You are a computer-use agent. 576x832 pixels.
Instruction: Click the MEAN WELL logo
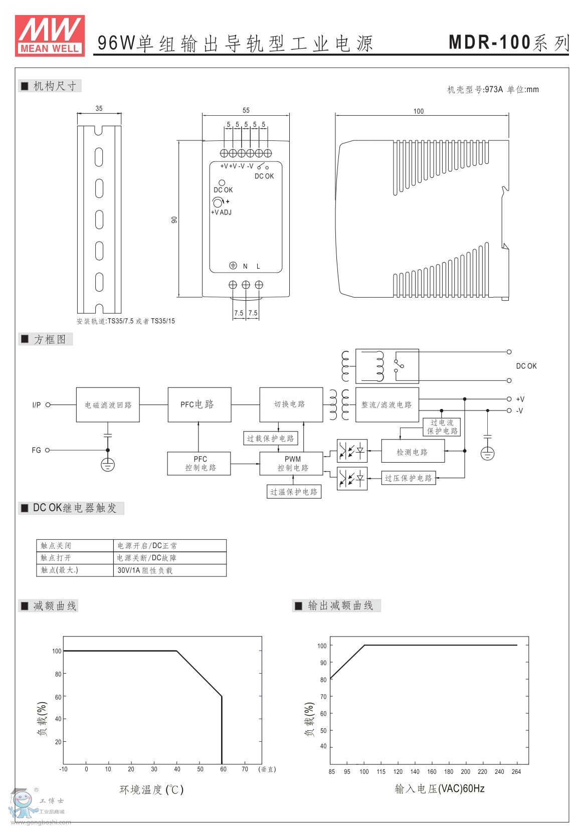[50, 35]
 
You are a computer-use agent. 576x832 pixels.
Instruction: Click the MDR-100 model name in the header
[489, 43]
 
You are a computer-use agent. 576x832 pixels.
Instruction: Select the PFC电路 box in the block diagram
[199, 404]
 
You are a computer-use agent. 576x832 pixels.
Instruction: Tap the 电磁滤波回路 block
[108, 404]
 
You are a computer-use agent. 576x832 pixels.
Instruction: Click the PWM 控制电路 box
[292, 464]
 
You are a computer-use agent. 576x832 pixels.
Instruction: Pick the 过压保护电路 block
[408, 478]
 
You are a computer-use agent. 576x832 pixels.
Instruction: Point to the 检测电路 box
[412, 452]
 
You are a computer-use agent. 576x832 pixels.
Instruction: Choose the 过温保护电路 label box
[294, 492]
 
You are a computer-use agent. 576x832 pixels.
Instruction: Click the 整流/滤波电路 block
[387, 404]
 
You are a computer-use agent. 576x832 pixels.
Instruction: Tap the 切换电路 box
[291, 404]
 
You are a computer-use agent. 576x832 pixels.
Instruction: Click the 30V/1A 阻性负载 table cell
[170, 570]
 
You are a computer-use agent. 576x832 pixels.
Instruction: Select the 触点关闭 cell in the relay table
[75, 545]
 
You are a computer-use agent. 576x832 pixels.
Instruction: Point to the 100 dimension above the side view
[418, 111]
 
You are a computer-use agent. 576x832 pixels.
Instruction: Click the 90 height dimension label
[174, 220]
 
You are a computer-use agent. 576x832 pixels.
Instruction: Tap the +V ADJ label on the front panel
[221, 213]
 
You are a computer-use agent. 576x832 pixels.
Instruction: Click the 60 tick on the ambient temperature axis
[223, 769]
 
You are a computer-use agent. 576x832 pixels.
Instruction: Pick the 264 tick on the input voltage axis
[516, 772]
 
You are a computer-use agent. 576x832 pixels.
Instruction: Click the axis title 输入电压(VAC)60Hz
[439, 789]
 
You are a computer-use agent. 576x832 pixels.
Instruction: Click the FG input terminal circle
[48, 450]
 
